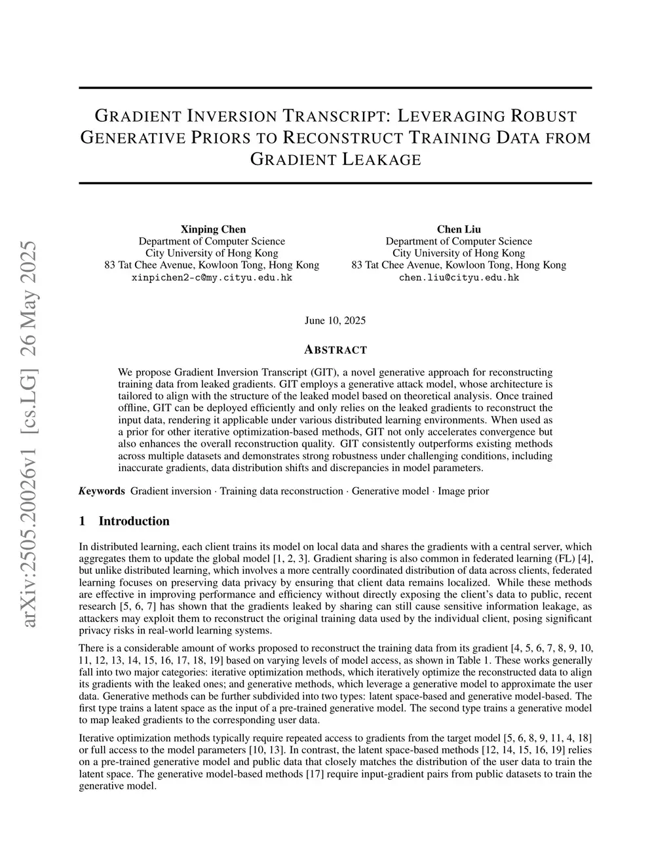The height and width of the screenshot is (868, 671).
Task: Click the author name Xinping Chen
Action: coord(213,229)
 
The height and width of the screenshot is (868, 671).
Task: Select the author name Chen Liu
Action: coord(459,229)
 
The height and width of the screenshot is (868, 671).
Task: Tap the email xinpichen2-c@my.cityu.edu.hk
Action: coord(212,277)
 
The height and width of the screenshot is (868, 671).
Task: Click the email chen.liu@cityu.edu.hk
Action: coord(459,277)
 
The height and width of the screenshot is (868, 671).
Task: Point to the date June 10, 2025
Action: coord(335,320)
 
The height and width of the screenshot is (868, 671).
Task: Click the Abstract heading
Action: coord(335,350)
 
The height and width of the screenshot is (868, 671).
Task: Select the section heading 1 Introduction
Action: coord(124,521)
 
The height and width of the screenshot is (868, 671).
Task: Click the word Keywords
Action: coord(102,491)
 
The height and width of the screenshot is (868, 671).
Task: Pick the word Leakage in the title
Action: coord(382,159)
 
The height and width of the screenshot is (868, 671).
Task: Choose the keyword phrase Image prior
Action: coord(463,491)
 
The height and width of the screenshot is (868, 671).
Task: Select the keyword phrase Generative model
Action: coord(390,491)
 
